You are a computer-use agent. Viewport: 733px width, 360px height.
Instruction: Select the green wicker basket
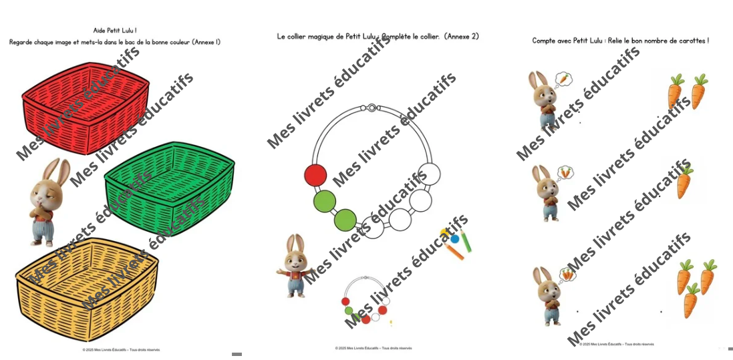tap(170, 176)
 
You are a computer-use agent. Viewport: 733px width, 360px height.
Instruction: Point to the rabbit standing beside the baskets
tap(48, 201)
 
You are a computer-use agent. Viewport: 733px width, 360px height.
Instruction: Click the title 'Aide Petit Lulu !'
tap(115, 31)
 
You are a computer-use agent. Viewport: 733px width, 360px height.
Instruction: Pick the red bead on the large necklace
tap(315, 176)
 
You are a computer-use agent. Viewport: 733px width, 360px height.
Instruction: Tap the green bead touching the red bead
tap(324, 200)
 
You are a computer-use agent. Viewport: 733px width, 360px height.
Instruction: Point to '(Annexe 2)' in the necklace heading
tap(461, 37)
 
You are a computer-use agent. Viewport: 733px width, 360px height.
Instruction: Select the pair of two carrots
tap(688, 92)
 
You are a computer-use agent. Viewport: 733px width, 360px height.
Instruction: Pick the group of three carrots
tap(695, 288)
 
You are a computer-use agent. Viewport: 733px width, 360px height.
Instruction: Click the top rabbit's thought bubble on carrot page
tap(564, 79)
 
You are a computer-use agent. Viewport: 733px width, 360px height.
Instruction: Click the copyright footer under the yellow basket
tap(121, 349)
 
